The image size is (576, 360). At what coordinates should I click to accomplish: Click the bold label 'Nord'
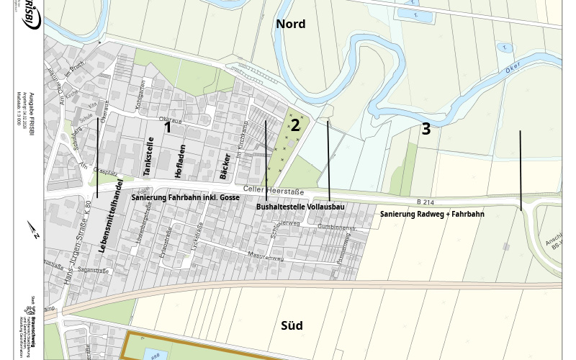[291, 24]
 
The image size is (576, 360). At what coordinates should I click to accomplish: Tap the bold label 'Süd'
[291, 325]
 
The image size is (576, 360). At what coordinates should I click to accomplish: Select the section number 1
[168, 127]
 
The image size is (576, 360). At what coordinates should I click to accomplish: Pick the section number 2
[294, 125]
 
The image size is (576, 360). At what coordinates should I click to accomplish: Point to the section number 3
[426, 129]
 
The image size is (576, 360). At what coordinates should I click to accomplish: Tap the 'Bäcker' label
[225, 166]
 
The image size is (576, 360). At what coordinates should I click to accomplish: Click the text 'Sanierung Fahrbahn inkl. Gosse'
[185, 197]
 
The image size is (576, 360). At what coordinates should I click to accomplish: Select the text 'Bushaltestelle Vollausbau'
[300, 207]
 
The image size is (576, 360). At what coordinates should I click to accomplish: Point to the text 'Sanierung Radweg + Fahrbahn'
[432, 214]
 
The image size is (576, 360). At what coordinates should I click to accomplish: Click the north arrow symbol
[33, 230]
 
